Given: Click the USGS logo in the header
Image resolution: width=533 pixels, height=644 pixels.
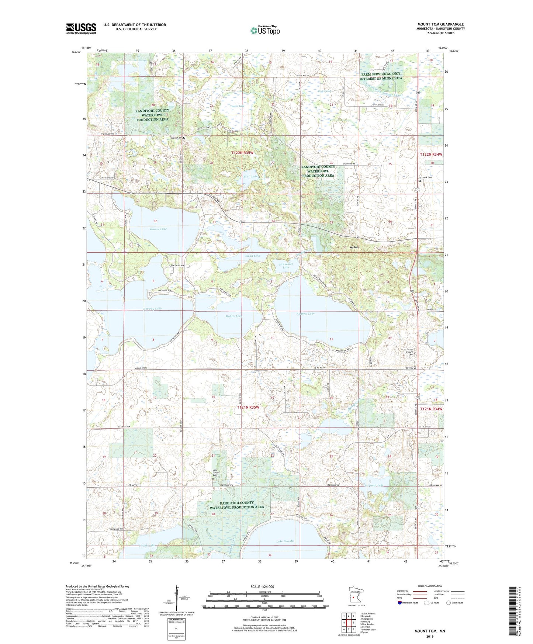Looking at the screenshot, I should [81, 28].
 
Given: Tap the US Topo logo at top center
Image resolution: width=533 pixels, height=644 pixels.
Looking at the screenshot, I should [264, 30].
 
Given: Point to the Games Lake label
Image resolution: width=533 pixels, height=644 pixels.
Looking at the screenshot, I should [158, 229].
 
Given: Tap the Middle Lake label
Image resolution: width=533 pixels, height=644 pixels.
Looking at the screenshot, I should [234, 316].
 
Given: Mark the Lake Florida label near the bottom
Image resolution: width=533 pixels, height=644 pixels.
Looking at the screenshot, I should [285, 541].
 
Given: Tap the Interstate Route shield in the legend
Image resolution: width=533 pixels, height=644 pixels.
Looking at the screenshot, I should [400, 603].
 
